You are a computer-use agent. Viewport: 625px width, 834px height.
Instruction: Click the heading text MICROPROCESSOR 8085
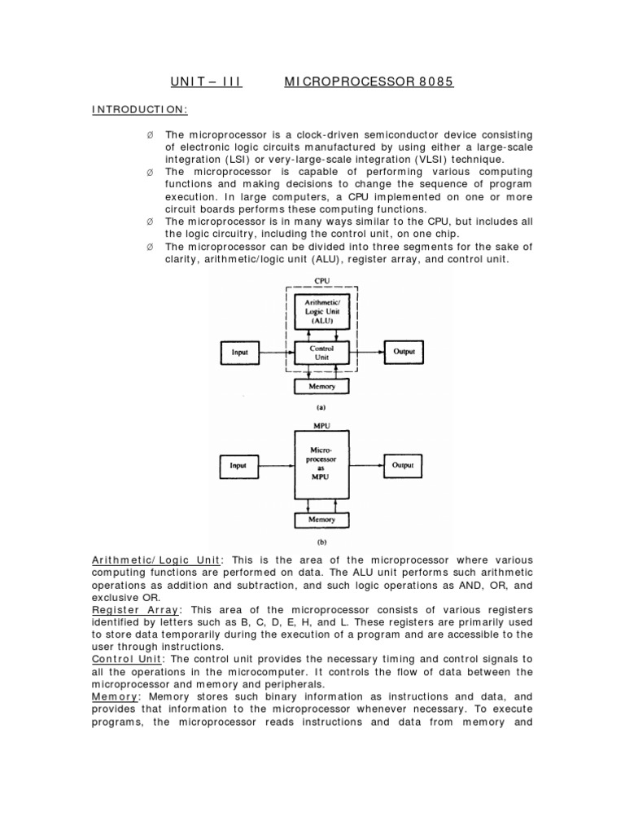pos(369,82)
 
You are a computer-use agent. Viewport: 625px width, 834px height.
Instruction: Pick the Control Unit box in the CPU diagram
pos(323,353)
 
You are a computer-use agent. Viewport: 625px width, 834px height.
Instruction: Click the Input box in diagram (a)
pos(240,353)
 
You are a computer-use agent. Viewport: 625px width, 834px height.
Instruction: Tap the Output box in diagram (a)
pos(404,352)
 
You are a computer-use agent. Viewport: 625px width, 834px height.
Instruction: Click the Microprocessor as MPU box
pos(321,466)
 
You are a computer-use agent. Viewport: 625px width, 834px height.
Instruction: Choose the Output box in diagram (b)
pos(404,466)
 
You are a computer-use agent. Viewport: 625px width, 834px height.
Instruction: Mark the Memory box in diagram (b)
pos(321,519)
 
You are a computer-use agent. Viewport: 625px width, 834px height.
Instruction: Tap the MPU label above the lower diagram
pos(321,424)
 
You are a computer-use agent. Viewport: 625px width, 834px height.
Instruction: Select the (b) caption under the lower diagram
pos(321,540)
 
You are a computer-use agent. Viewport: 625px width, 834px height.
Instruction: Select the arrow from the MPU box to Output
pos(366,466)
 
